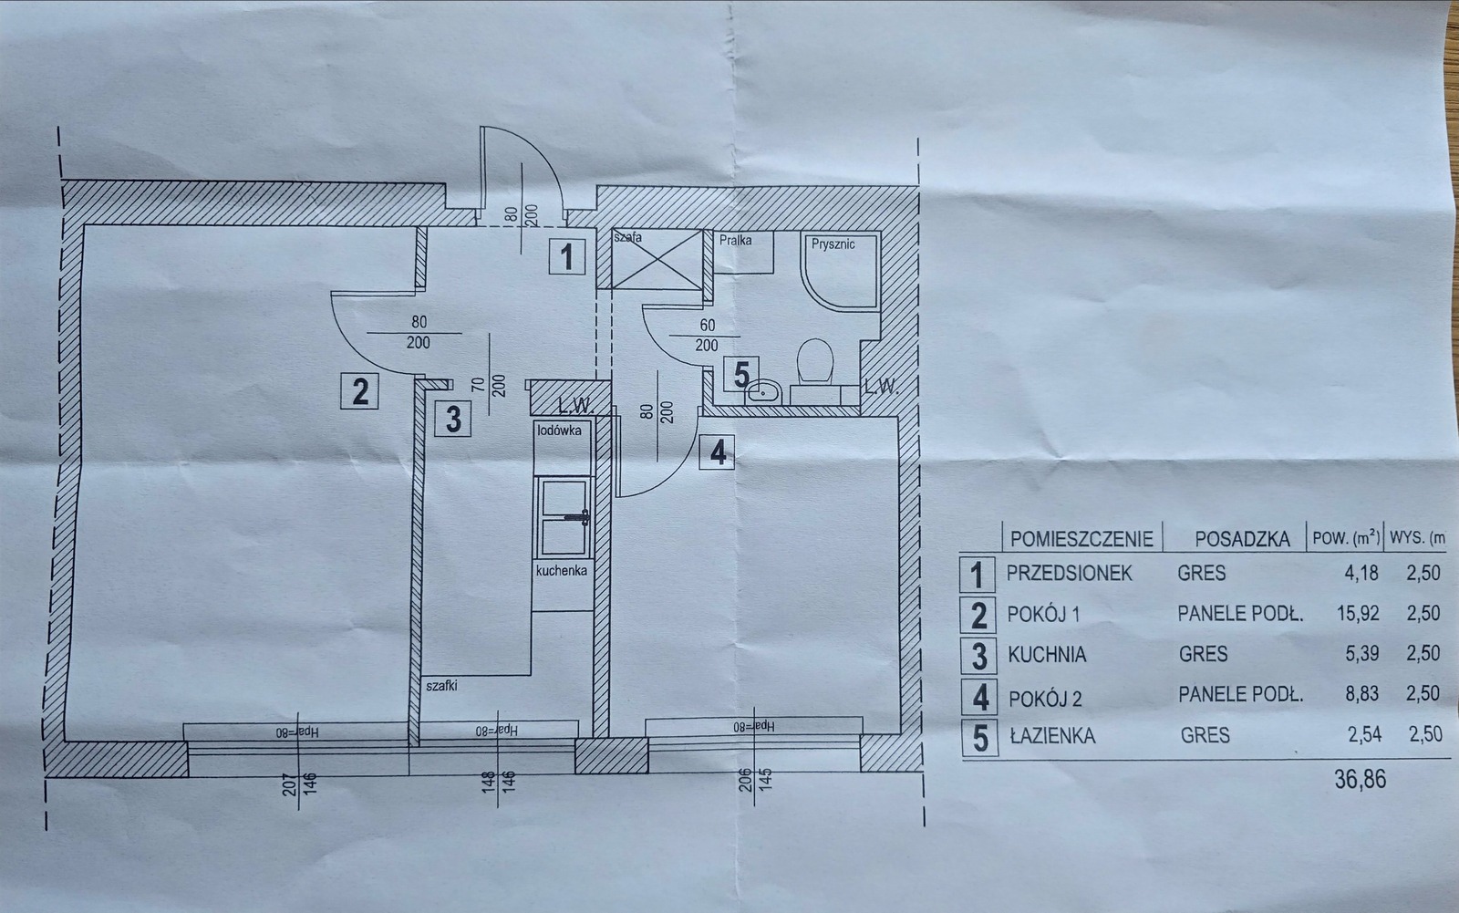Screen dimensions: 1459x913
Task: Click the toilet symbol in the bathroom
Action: coord(815,360)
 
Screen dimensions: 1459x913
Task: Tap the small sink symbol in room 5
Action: coord(763,391)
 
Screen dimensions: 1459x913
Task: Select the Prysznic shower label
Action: coord(833,244)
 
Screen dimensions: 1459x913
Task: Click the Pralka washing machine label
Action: coord(735,240)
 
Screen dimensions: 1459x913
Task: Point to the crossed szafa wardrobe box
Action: coord(657,259)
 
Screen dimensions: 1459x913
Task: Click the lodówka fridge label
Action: coord(560,431)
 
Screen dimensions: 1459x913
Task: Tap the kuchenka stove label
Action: coord(562,571)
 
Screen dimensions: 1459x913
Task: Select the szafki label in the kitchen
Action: coord(441,686)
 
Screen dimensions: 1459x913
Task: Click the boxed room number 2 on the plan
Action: coord(359,391)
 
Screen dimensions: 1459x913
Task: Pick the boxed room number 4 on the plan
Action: coord(717,452)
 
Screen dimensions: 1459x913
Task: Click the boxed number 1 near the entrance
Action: coord(566,256)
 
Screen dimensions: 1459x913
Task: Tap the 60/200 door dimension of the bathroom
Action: coord(708,335)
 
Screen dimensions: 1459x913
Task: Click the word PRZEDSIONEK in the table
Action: coord(1070,574)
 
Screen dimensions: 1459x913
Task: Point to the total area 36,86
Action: coord(1360,780)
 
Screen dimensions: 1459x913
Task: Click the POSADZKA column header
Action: coord(1242,539)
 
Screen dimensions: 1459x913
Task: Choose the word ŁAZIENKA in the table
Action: coord(1052,736)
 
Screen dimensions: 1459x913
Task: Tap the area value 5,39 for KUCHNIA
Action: coord(1362,653)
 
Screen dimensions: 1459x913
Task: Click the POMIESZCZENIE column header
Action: coord(1081,539)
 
